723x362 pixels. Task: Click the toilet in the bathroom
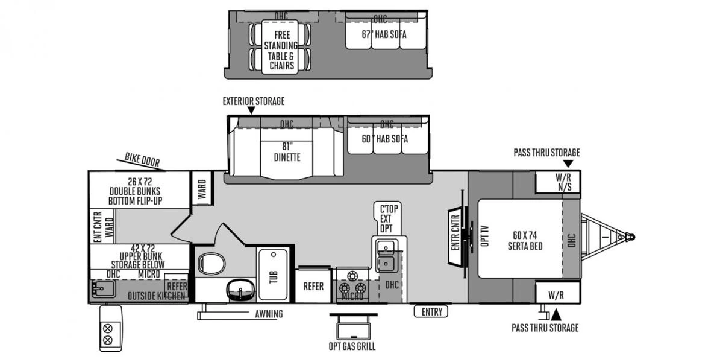[x=211, y=264]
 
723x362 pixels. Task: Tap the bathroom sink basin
[x=239, y=290]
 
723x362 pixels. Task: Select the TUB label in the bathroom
[x=274, y=276]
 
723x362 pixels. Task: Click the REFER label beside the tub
[x=313, y=287]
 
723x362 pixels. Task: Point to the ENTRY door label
[x=431, y=312]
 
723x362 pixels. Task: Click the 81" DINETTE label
[x=286, y=152]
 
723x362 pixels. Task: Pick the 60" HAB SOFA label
[x=385, y=139]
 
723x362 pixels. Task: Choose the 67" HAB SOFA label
[x=384, y=34]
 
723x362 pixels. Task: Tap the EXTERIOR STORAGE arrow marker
[x=251, y=111]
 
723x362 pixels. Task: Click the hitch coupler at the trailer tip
[x=630, y=237]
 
